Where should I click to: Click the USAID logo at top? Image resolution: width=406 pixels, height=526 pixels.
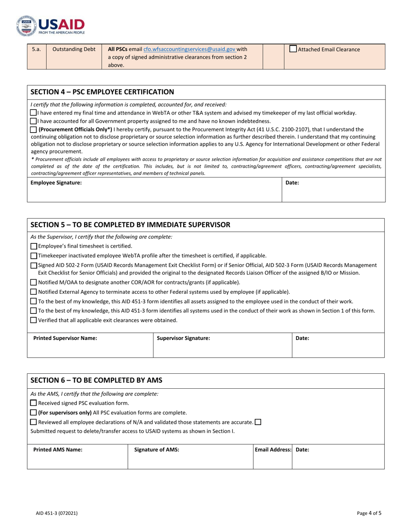[x=50, y=26]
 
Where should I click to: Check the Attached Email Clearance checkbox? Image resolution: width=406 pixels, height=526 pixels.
[x=293, y=49]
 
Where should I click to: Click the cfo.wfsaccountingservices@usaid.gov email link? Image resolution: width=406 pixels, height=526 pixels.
[x=189, y=49]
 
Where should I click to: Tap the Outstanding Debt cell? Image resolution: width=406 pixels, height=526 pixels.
[x=74, y=49]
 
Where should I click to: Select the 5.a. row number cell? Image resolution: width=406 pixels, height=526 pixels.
[x=36, y=49]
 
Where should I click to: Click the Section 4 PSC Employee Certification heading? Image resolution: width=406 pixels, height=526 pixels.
[x=102, y=92]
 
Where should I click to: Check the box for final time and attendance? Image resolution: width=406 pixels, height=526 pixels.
[x=33, y=113]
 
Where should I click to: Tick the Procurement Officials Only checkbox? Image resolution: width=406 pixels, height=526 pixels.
[x=33, y=129]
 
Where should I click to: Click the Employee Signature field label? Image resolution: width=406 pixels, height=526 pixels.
[x=56, y=183]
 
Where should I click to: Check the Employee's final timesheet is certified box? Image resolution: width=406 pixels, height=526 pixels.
[x=34, y=246]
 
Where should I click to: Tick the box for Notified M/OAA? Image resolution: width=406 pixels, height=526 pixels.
[x=34, y=282]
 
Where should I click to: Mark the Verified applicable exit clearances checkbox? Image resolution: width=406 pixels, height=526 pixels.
[x=34, y=320]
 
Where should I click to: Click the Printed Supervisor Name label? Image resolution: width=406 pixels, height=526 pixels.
[x=65, y=338]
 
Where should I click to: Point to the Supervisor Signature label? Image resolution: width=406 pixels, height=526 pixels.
[x=183, y=338]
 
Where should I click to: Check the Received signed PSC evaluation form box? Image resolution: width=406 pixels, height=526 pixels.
[x=34, y=403]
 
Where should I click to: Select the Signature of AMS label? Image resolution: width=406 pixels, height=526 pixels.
[x=156, y=449]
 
